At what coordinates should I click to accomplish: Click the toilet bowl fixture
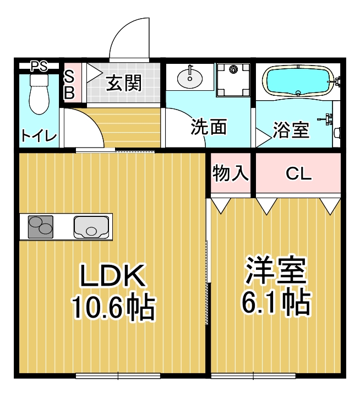39,94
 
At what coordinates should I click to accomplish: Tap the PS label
39,67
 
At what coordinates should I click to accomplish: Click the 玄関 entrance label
123,83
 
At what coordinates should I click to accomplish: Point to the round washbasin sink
190,78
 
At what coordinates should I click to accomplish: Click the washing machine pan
233,80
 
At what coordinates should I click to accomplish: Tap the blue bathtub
298,81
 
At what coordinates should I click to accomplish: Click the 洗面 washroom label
209,127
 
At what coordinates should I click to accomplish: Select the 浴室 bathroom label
291,130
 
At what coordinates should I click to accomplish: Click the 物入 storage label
231,173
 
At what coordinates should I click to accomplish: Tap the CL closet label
298,174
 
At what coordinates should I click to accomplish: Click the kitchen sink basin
91,227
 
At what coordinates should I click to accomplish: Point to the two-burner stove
41,227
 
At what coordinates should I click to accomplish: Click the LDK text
113,276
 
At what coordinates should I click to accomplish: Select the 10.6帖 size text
114,307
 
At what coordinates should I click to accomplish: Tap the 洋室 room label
276,270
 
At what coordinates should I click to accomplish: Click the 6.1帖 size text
276,302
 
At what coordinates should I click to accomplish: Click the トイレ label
39,135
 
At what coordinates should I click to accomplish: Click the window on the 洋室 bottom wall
253,375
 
